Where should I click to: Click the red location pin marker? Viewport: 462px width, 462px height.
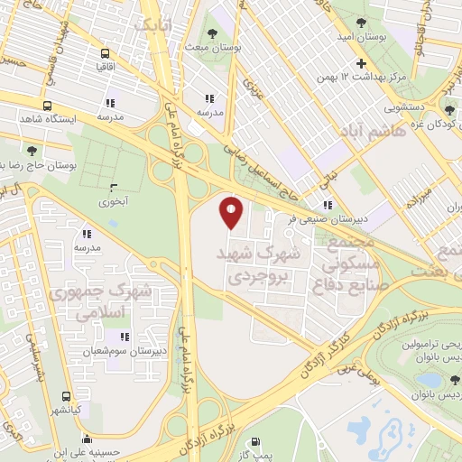pos(232,214)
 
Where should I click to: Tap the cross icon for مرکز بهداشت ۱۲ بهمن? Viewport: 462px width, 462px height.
pos(362,63)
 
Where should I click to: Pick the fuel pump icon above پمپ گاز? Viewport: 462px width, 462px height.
pos(254,441)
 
